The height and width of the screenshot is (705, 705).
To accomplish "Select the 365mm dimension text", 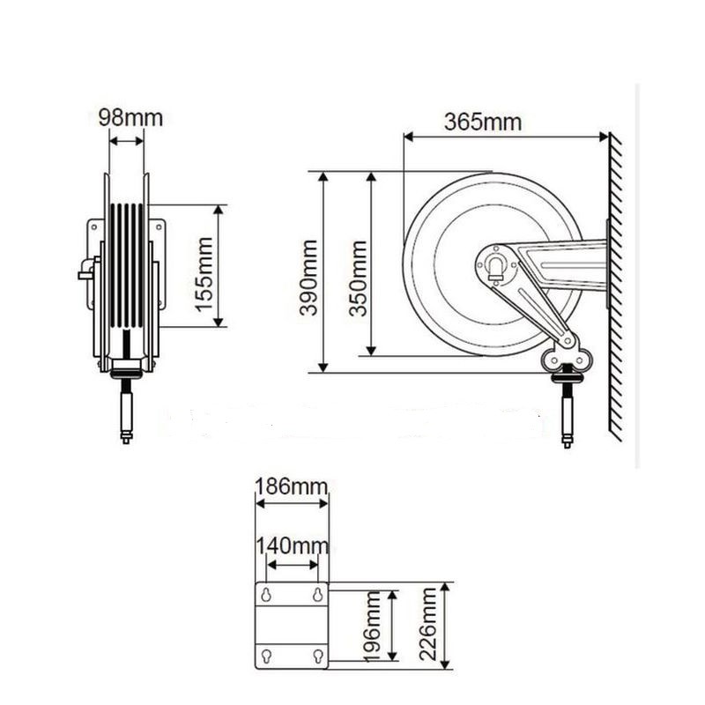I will point(482,122).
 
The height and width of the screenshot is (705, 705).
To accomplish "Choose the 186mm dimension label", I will point(292,486).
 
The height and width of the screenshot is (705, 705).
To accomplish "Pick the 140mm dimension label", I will point(292,546).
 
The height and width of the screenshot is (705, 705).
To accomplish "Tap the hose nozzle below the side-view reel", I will point(567,414).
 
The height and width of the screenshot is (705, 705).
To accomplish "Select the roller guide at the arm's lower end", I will point(563,354).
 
